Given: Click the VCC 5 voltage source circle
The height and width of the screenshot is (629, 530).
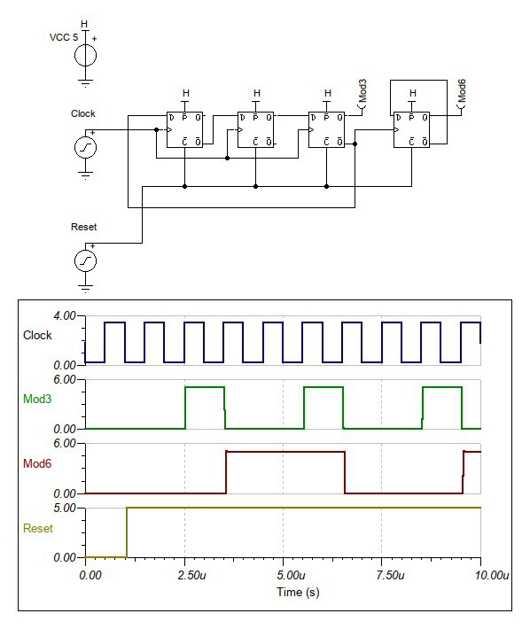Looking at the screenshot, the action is click(85, 55).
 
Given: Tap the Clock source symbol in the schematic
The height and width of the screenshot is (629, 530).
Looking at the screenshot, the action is click(85, 147).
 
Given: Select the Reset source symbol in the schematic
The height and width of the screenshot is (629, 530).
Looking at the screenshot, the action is click(85, 260).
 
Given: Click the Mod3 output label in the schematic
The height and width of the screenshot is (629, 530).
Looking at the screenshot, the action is click(362, 90).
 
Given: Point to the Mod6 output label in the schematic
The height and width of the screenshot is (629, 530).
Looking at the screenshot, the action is click(462, 90).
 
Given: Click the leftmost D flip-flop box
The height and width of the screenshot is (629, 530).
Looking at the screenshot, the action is click(184, 129).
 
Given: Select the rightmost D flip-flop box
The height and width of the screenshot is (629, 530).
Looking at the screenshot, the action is click(411, 129).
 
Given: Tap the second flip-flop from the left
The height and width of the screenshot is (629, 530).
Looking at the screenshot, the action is click(255, 129).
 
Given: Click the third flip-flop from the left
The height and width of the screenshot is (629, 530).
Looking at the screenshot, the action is click(326, 129).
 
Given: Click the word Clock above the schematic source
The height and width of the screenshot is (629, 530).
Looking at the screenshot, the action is click(83, 113).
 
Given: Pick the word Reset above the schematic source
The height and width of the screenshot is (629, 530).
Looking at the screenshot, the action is click(84, 227).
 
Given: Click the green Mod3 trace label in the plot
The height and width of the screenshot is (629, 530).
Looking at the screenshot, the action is click(37, 399).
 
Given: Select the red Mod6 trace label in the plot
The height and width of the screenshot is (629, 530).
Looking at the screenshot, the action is click(37, 463).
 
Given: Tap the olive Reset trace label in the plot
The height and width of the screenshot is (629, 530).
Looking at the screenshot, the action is click(38, 528).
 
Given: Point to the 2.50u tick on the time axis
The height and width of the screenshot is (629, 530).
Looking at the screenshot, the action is click(191, 575).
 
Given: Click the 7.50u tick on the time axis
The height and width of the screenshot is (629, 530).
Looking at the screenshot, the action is click(390, 575).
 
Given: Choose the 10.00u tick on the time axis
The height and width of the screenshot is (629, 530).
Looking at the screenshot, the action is click(492, 575).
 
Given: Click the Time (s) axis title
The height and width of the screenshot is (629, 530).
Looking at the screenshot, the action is click(298, 592).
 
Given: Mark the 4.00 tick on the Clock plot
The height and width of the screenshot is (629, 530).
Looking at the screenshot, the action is click(65, 315).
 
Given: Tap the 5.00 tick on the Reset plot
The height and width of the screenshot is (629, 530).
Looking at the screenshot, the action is click(65, 508).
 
